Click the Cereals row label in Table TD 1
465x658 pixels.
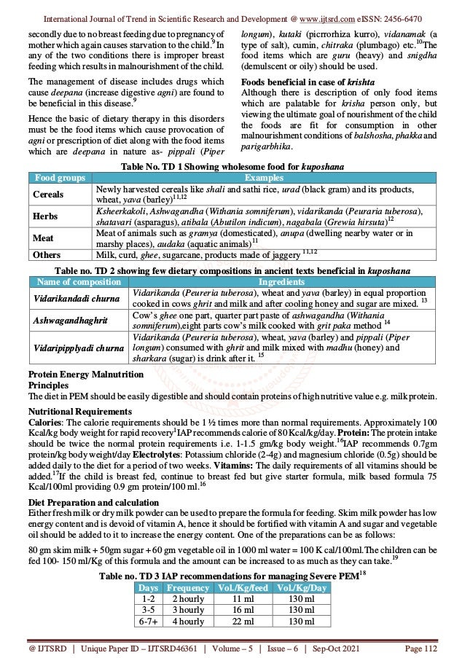click(49, 195)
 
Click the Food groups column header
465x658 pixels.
click(59, 178)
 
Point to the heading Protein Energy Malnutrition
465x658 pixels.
click(86, 375)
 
